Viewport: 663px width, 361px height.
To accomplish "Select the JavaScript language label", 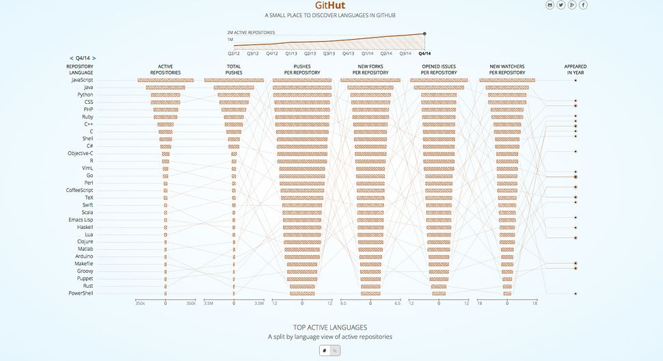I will click(x=82, y=80).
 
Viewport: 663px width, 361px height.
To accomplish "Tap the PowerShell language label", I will click(x=81, y=293).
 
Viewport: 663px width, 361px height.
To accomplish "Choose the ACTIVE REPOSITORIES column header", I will click(x=165, y=69).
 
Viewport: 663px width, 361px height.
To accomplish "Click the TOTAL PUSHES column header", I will click(x=234, y=69).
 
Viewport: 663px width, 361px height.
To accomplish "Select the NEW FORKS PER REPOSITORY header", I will click(x=370, y=69).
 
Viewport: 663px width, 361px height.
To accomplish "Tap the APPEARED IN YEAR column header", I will click(x=576, y=69).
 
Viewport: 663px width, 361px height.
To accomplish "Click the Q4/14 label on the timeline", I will click(x=424, y=53).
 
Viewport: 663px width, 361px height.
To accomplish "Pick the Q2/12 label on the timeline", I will click(x=234, y=53).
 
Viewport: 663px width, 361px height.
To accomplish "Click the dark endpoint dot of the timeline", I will click(x=425, y=34).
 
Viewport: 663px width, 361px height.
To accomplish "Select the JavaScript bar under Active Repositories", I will click(x=165, y=80).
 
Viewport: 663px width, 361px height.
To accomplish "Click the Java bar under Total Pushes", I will click(x=234, y=88).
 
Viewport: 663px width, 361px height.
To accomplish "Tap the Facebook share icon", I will click(x=583, y=5).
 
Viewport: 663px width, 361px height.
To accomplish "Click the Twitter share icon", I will click(x=561, y=5).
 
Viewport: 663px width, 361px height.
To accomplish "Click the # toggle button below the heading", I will click(x=325, y=351).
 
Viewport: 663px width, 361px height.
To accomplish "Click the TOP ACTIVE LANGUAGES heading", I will click(x=330, y=327).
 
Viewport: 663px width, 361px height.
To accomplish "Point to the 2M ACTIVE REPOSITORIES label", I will click(x=251, y=32).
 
